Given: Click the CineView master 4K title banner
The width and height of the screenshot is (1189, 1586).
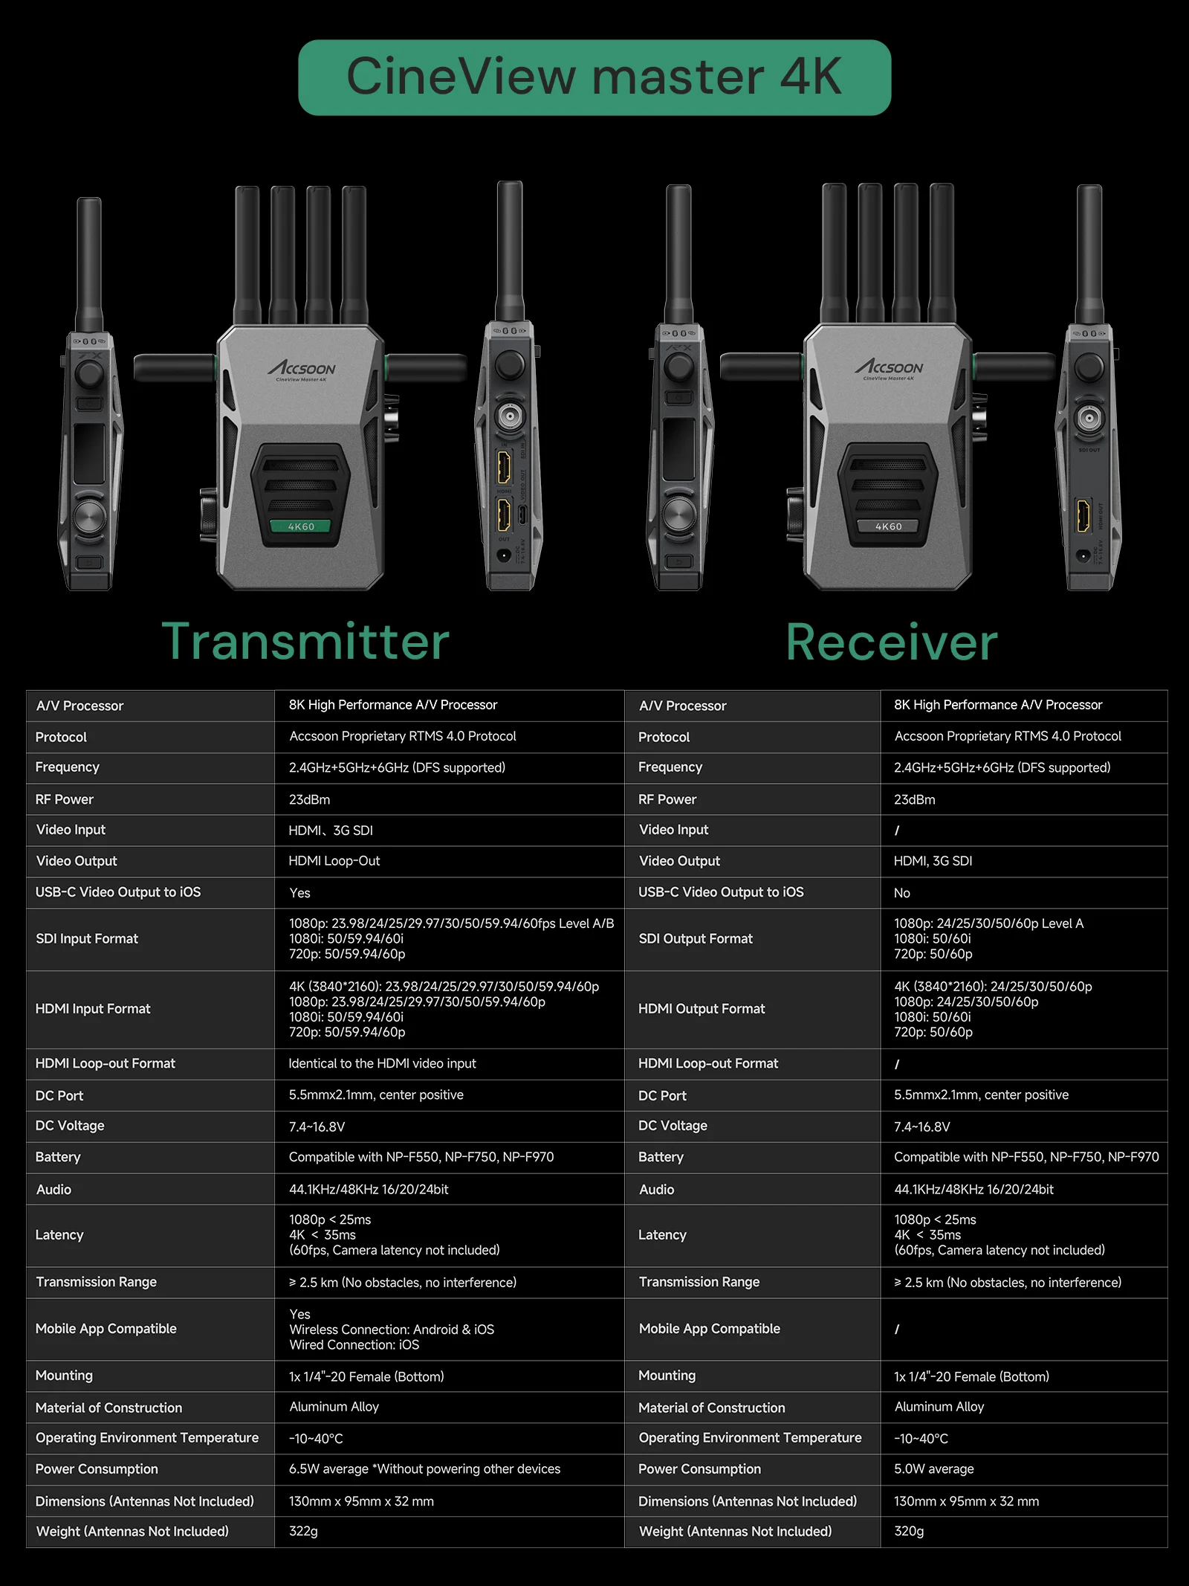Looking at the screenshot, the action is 594,77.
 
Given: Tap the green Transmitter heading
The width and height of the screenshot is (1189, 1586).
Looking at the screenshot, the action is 305,641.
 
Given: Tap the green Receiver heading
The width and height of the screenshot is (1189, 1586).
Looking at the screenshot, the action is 892,642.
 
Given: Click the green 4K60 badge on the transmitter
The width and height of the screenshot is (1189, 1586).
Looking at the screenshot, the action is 301,526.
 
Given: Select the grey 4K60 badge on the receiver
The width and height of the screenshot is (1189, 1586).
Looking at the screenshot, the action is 889,526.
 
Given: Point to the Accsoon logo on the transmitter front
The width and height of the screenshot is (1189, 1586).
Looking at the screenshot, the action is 302,369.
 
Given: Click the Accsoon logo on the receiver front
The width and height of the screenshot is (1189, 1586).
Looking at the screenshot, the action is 889,367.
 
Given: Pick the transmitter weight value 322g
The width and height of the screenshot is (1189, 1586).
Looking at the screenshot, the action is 303,1532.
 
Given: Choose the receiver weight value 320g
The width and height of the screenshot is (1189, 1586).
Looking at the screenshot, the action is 909,1532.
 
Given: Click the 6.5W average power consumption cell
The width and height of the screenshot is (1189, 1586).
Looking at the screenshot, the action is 424,1469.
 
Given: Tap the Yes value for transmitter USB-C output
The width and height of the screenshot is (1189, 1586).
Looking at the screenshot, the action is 299,893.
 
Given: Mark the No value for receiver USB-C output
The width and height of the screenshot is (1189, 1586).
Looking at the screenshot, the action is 901,893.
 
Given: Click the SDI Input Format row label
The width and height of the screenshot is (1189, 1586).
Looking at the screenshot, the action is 87,939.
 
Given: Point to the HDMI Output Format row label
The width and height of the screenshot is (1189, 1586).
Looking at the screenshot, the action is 702,1009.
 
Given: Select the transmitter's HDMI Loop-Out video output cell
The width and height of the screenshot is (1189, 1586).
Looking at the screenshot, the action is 334,861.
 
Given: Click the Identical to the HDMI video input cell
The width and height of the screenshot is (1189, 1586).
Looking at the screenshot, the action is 382,1064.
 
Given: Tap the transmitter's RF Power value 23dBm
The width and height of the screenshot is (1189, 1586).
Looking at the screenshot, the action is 309,800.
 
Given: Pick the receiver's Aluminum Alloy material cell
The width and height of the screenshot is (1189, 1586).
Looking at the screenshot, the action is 939,1407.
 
